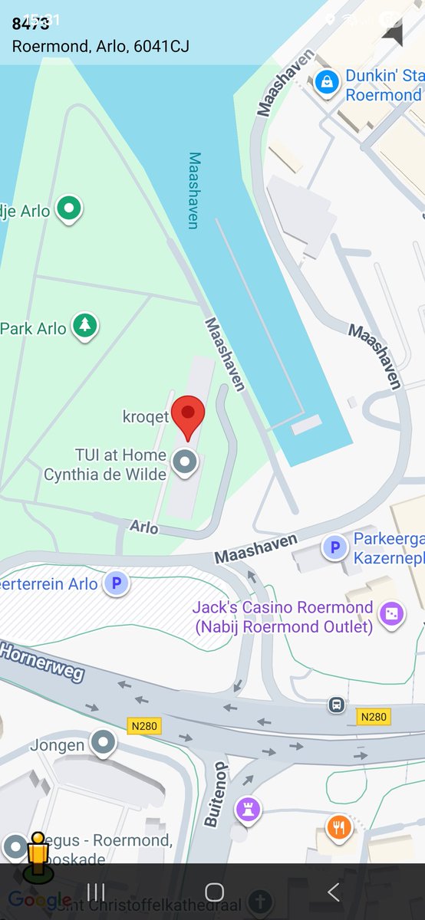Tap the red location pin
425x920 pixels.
(x=187, y=416)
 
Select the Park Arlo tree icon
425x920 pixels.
(x=85, y=326)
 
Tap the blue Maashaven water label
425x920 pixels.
(x=194, y=190)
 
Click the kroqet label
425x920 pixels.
(x=146, y=417)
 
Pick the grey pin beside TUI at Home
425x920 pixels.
(x=184, y=462)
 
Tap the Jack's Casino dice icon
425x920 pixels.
(x=391, y=613)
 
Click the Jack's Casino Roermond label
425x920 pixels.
(x=282, y=616)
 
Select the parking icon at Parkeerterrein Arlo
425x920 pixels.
(x=116, y=583)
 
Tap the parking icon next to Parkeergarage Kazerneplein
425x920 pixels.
(x=334, y=547)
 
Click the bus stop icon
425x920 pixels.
(x=336, y=705)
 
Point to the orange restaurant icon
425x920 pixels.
(x=339, y=827)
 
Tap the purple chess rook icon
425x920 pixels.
(x=248, y=810)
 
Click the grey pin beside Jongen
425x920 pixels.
(x=103, y=742)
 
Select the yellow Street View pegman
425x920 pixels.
(x=37, y=857)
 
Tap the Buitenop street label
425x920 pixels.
(x=216, y=794)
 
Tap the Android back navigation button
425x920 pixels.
(x=333, y=892)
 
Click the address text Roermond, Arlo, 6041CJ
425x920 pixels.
(x=100, y=47)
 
